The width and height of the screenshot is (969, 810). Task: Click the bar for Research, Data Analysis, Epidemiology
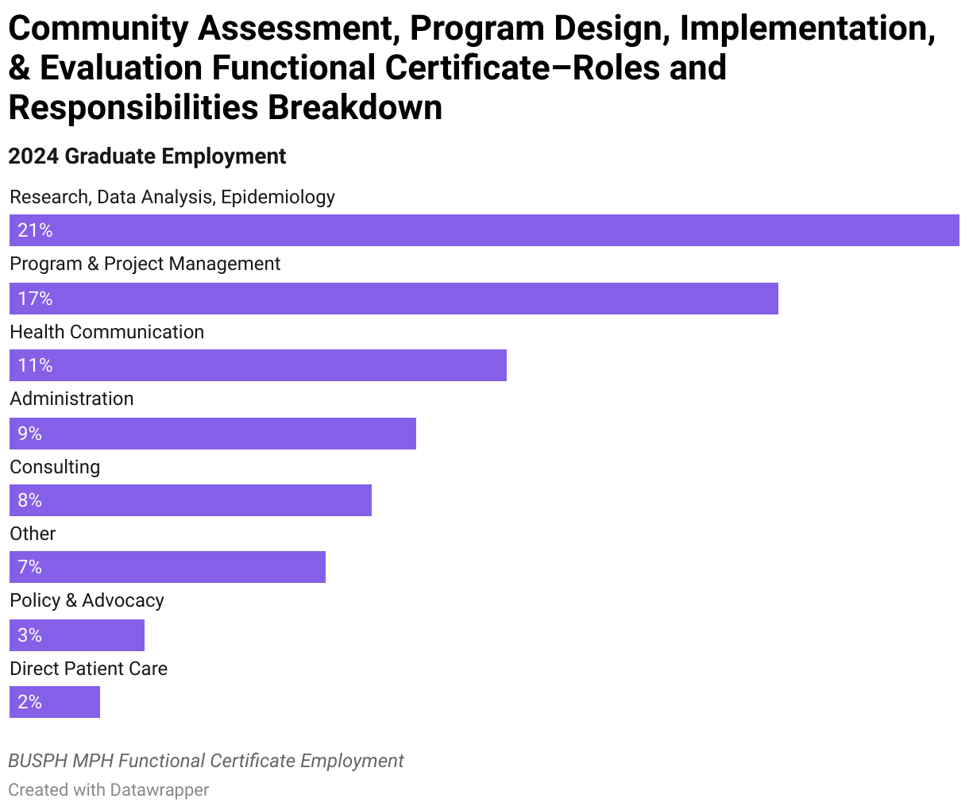point(484,230)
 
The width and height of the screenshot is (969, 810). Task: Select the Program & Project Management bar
point(394,299)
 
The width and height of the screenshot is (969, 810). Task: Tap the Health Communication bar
point(258,365)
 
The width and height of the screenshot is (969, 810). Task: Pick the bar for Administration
point(213,434)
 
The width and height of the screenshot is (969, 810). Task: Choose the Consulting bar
point(191,500)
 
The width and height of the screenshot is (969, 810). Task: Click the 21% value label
point(35,230)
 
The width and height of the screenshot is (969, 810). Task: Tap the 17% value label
point(35,299)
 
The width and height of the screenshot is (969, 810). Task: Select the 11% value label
point(35,365)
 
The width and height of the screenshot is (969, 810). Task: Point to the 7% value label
point(29,567)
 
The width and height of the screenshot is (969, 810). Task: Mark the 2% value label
point(29,702)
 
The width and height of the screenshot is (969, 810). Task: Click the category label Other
point(33,534)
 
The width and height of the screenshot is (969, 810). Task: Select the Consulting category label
point(55,467)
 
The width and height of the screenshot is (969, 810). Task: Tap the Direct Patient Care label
point(88,669)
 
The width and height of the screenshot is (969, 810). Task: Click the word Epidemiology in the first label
point(278,197)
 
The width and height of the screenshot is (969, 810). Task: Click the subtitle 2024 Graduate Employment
point(147,156)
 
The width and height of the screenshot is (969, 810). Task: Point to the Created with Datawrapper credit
point(109,790)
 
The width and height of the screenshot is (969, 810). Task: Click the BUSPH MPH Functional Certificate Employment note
point(206,761)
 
